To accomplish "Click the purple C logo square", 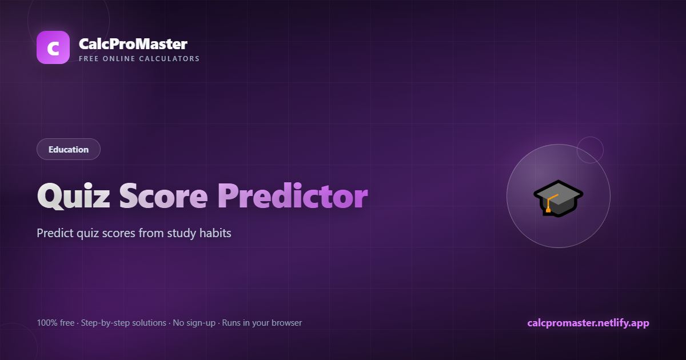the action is [x=53, y=47].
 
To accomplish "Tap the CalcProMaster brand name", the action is [x=133, y=44].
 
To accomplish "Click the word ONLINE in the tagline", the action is [x=119, y=59].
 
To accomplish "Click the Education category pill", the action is [x=69, y=149].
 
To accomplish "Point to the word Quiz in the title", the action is [x=74, y=196].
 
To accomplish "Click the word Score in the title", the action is [x=163, y=196].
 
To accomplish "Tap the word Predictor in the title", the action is [x=293, y=196].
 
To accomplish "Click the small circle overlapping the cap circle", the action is [x=590, y=150].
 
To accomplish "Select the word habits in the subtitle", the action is [x=216, y=233].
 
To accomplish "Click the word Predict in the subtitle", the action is [x=55, y=233].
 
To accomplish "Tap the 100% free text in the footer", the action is [x=55, y=323].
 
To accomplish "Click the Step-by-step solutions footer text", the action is [x=123, y=323].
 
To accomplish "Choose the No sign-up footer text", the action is [x=194, y=323].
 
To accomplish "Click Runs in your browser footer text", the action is [x=262, y=323].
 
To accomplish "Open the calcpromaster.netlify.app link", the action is [x=588, y=323].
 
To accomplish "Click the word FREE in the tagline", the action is [x=89, y=59].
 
